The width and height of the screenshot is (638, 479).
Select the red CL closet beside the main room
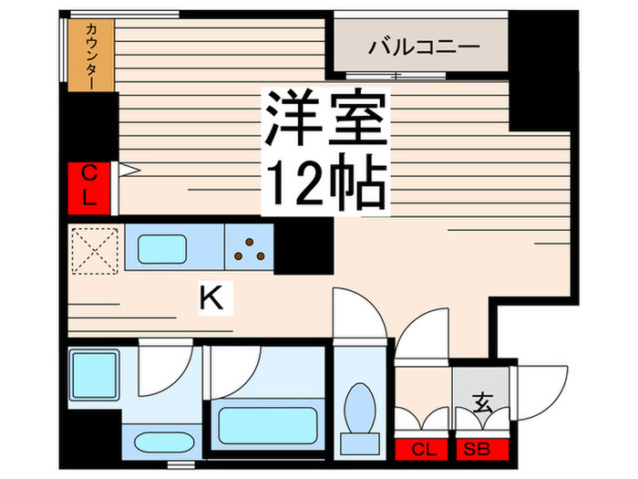(x=90, y=185)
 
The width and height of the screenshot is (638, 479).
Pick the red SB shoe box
(x=479, y=450)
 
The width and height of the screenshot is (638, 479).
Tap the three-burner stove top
(x=249, y=247)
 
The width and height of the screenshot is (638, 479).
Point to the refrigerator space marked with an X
(x=96, y=248)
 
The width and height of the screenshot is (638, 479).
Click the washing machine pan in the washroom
(x=94, y=376)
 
